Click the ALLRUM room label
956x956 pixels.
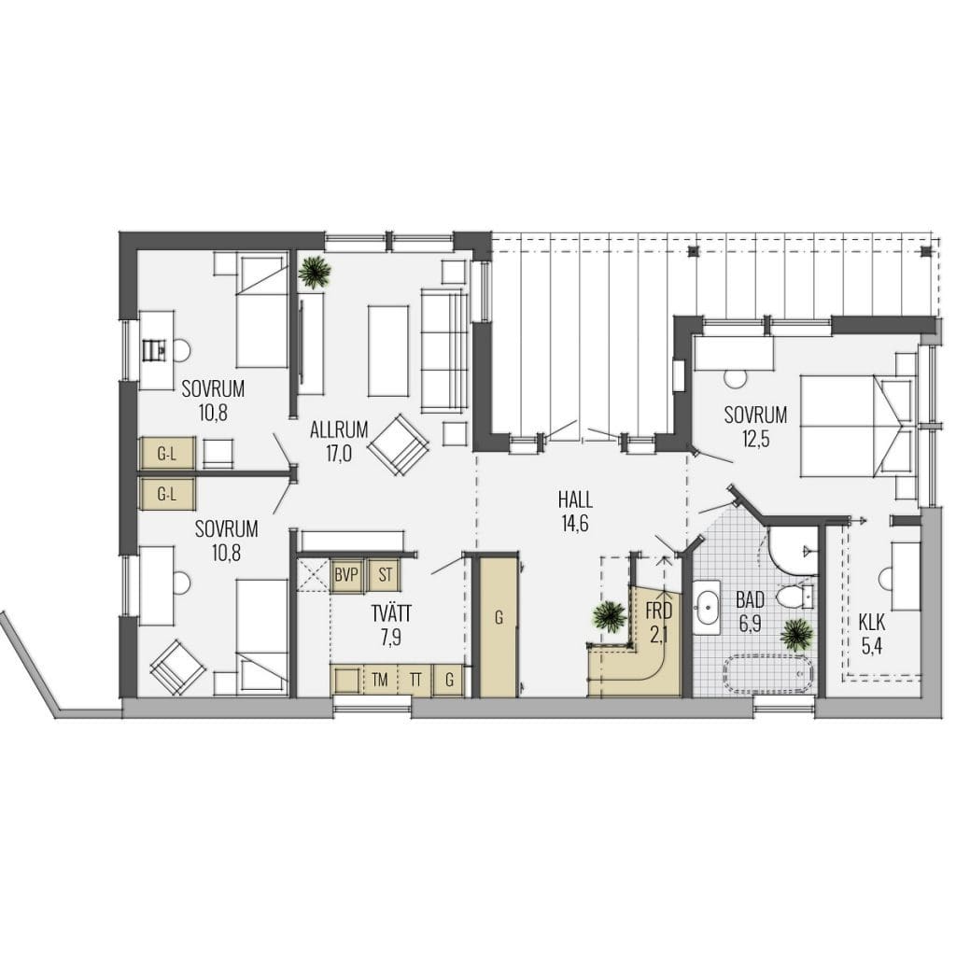pyautogui.click(x=339, y=429)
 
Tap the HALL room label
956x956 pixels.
pyautogui.click(x=575, y=500)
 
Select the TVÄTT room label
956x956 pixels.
pyautogui.click(x=391, y=613)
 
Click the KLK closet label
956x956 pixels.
pyautogui.click(x=872, y=623)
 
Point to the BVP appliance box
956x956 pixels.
pyautogui.click(x=347, y=575)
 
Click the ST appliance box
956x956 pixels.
pyautogui.click(x=385, y=575)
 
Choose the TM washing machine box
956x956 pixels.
pyautogui.click(x=379, y=680)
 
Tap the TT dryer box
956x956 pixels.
pyautogui.click(x=415, y=680)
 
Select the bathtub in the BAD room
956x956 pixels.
pyautogui.click(x=768, y=675)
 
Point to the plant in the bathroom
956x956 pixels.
pyautogui.click(x=796, y=635)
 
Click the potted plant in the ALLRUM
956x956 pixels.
pyautogui.click(x=316, y=272)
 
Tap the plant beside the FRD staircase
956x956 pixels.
pyautogui.click(x=609, y=616)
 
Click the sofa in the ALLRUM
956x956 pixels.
pyautogui.click(x=444, y=351)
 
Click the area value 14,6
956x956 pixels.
pyautogui.click(x=575, y=524)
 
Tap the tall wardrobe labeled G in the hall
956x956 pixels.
pyautogui.click(x=499, y=625)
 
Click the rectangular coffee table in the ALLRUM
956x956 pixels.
pyautogui.click(x=387, y=351)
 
